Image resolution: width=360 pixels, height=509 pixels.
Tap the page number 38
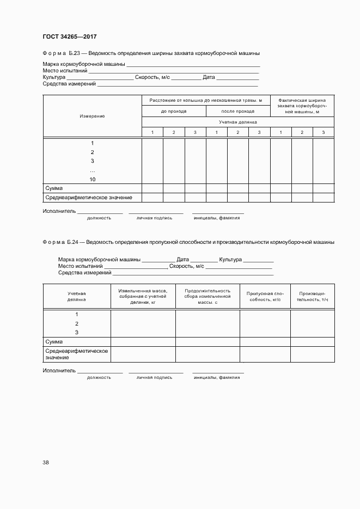click(46, 463)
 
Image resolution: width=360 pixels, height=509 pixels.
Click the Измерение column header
click(92, 116)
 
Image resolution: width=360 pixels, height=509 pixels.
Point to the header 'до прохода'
click(174, 111)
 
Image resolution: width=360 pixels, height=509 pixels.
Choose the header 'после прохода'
click(237, 111)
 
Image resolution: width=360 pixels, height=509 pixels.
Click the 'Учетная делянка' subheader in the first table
click(237, 122)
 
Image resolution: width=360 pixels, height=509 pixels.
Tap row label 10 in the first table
click(92, 179)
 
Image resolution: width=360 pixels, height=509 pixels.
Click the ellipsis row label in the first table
click(92, 170)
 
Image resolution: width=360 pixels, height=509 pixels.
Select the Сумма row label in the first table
click(54, 188)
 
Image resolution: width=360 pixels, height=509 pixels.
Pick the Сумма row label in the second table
click(54, 342)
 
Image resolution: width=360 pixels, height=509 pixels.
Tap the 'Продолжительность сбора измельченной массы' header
click(208, 296)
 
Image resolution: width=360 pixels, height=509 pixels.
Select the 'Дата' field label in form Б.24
click(183, 260)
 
